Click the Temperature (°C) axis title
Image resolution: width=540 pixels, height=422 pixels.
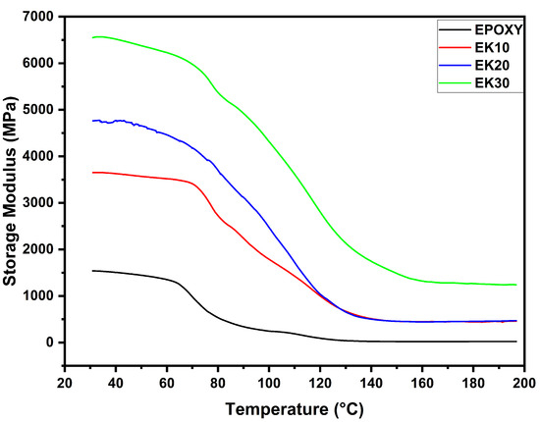click(294, 407)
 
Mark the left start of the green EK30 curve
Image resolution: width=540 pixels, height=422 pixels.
click(92, 38)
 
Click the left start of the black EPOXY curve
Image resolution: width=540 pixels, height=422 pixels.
click(92, 270)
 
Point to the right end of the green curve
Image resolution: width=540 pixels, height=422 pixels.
click(516, 285)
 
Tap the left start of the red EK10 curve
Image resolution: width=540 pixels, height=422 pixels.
click(92, 173)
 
